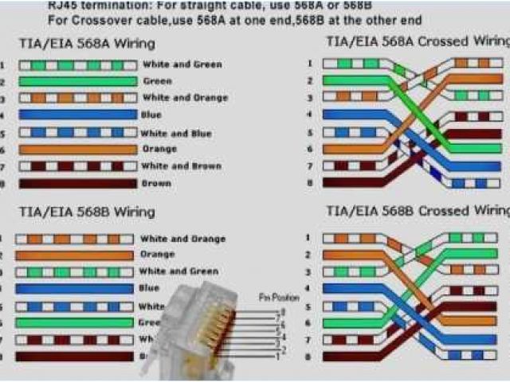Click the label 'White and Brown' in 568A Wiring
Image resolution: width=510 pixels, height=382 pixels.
(x=181, y=166)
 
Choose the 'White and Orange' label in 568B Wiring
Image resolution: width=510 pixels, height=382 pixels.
(x=182, y=239)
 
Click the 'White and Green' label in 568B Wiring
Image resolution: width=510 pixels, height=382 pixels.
(x=178, y=271)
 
